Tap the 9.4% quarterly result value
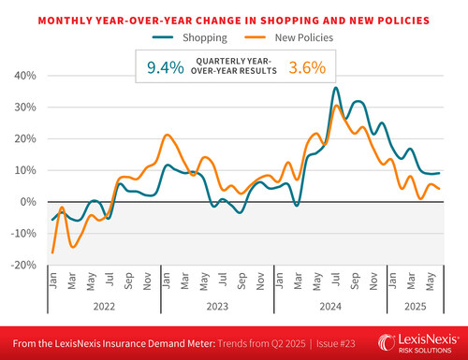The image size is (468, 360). coord(164,66)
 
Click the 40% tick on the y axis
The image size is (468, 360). coord(25,75)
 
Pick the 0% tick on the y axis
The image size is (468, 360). coord(28,202)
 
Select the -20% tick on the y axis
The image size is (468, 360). coord(22,265)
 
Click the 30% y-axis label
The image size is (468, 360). coord(25,107)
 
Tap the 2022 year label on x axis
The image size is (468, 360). coord(103,304)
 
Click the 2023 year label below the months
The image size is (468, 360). coord(217,304)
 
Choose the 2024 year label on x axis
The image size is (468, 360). coord(331,304)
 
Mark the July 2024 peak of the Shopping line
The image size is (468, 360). coord(335,89)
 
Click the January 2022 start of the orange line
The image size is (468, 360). coord(52,252)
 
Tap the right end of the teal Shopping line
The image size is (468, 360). coord(440,173)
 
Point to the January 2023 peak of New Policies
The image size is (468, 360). coord(167,136)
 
